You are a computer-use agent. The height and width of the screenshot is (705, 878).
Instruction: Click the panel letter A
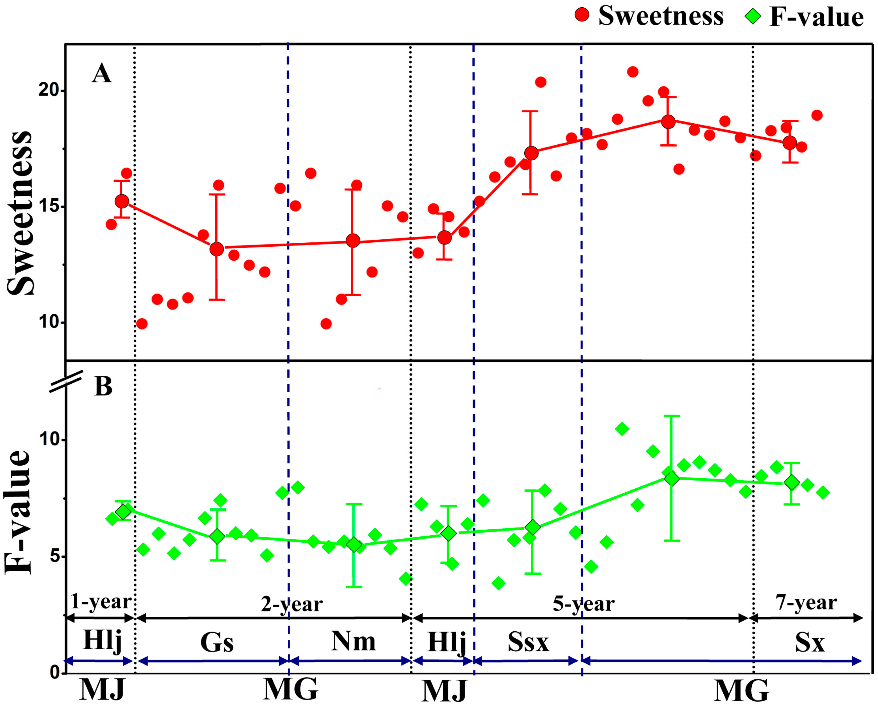101,74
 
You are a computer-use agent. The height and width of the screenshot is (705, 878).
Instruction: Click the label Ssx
528,642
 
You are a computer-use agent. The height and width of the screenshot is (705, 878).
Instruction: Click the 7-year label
806,602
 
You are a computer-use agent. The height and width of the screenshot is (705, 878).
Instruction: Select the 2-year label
292,604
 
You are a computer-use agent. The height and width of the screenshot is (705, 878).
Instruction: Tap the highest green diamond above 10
622,428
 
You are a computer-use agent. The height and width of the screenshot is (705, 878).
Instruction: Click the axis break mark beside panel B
66,381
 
